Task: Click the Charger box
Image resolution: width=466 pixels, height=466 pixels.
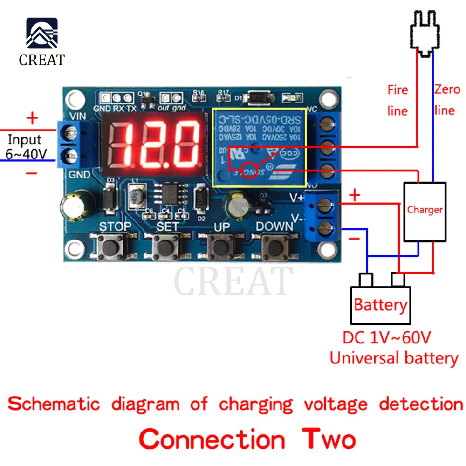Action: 425,211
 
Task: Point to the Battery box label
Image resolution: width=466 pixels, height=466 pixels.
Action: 381,305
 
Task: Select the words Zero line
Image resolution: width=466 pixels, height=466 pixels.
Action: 446,99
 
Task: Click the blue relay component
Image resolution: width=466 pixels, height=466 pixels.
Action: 259,147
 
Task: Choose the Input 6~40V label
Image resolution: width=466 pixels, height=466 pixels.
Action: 25,146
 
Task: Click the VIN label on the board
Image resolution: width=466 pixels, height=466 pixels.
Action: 76,116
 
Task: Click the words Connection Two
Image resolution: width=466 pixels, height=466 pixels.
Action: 247,439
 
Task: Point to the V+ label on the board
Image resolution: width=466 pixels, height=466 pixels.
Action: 297,198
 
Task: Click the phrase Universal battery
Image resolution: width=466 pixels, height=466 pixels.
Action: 394,358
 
